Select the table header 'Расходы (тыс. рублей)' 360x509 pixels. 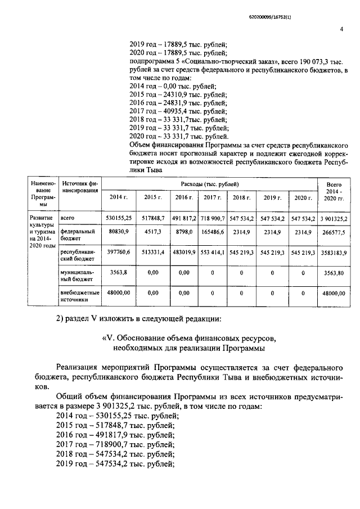(x=209, y=184)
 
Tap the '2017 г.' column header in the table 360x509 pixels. (x=212, y=197)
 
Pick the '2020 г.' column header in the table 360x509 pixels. (x=302, y=197)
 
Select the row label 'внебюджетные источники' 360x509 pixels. (x=79, y=296)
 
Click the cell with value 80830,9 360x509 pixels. (x=118, y=231)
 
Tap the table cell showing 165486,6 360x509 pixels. (x=212, y=231)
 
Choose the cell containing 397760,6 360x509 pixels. (x=118, y=253)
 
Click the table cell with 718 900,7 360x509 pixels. (x=212, y=217)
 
